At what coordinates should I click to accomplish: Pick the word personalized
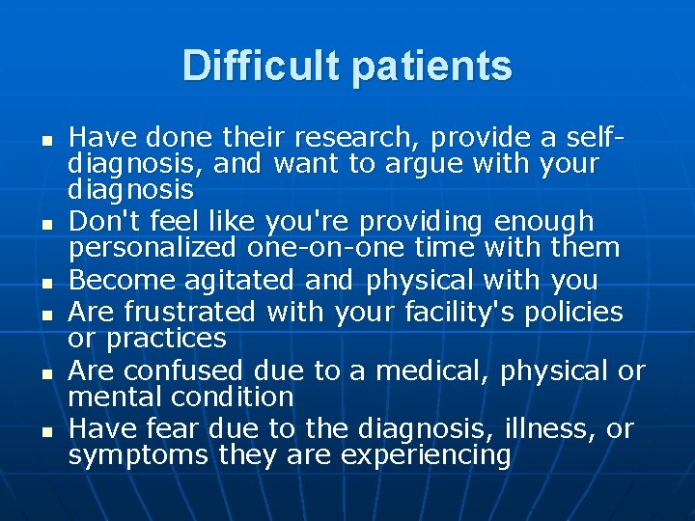(153, 248)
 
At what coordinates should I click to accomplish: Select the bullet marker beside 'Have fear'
(46, 431)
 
